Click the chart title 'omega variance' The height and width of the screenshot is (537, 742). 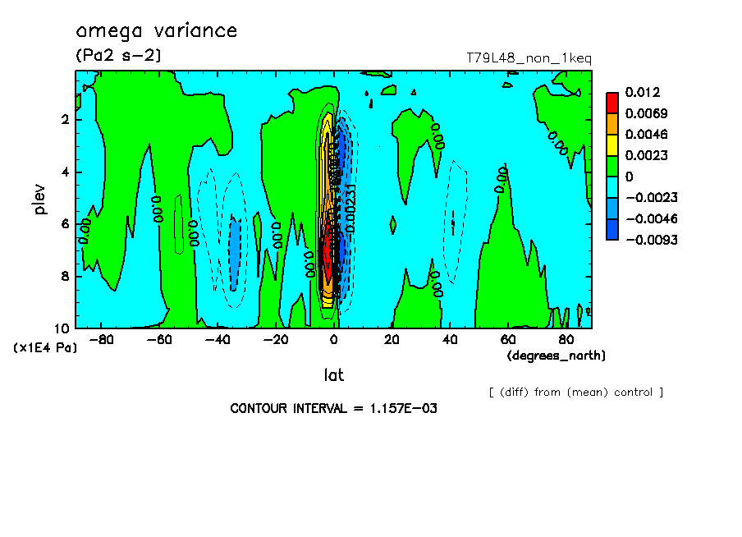(x=156, y=31)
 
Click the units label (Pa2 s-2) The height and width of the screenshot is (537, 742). (x=118, y=56)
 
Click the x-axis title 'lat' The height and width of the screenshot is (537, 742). (x=333, y=375)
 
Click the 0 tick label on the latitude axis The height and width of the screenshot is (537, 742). (x=334, y=339)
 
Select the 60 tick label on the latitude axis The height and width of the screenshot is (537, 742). (x=508, y=339)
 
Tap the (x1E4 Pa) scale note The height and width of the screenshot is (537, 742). (x=45, y=348)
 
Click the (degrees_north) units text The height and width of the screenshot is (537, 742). (x=556, y=356)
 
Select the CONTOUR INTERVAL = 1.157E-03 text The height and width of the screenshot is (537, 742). (x=334, y=408)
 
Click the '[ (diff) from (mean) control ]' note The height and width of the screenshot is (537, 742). (x=576, y=392)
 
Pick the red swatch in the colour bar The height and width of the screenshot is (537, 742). (x=611, y=102)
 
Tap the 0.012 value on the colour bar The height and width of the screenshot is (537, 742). (x=642, y=92)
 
